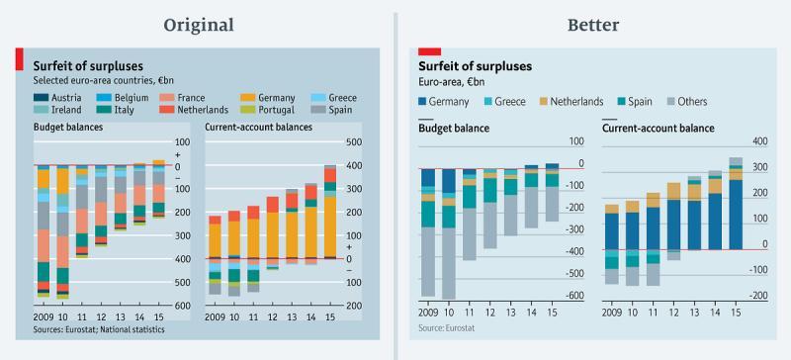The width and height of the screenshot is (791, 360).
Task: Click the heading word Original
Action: point(199,25)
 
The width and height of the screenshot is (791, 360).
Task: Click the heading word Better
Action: point(593,25)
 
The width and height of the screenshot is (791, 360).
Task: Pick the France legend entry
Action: point(182,98)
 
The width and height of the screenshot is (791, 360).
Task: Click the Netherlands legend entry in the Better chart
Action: point(571,102)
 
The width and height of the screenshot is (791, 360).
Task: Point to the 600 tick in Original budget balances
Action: point(183,306)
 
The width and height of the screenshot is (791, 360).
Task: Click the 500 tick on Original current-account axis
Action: point(355,142)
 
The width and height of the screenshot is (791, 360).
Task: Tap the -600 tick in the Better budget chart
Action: point(574,296)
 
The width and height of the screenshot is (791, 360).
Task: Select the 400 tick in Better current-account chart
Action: point(759,141)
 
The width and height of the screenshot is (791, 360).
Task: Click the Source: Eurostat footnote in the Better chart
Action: point(447,328)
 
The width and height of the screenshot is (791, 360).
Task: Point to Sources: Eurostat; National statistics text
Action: point(99,329)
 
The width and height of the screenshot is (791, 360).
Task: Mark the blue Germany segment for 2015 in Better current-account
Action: point(736,215)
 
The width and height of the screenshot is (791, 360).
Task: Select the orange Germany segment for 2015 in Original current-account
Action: point(330,226)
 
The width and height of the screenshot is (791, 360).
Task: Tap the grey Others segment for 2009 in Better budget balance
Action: point(428,261)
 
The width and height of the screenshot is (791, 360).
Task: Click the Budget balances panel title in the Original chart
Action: point(68,128)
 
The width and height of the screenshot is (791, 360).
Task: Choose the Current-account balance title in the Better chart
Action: point(659,129)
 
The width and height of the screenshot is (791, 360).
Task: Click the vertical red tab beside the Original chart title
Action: point(19,59)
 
